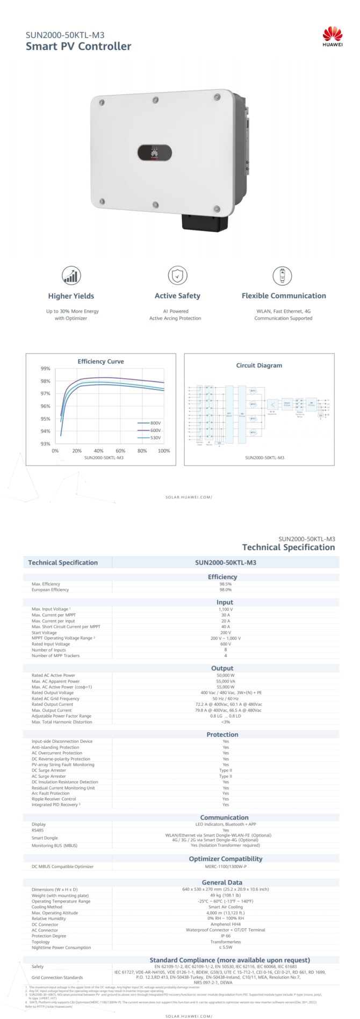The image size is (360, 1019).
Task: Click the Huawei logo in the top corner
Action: tap(332, 37)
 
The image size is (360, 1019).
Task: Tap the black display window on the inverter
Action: tap(155, 153)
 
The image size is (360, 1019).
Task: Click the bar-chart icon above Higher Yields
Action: tap(71, 276)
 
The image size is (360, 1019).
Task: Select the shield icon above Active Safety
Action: tap(177, 276)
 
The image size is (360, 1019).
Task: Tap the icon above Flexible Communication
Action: tap(282, 276)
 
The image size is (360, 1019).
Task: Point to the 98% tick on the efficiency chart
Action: tap(46, 381)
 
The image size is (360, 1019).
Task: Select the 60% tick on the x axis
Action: tap(120, 451)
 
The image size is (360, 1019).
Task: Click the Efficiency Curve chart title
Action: tap(100, 362)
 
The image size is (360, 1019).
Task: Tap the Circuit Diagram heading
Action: tap(259, 365)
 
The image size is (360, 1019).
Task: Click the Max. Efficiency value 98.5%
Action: tap(226, 584)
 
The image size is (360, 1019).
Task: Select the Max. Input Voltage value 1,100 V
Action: tap(226, 609)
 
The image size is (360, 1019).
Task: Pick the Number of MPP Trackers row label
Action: tap(55, 655)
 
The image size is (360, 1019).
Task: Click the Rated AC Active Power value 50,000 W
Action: tap(226, 675)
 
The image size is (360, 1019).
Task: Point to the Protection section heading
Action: tap(222, 734)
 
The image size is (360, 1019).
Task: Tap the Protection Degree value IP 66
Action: tap(226, 936)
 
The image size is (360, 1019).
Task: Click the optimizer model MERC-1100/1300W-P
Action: tap(226, 866)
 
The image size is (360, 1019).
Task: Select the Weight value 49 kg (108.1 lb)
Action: tap(226, 895)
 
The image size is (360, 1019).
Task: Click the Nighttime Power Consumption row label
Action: tap(61, 948)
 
